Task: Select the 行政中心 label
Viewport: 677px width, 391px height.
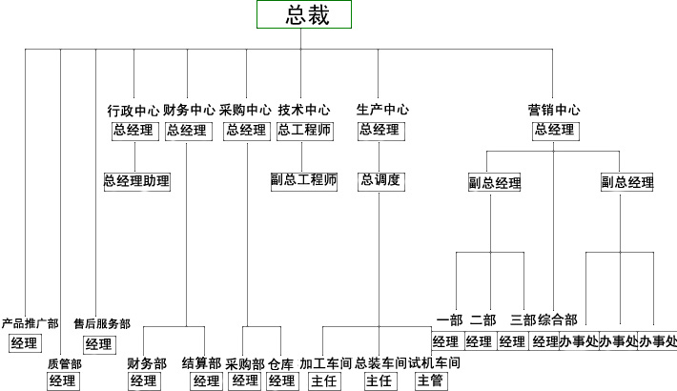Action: [133, 110]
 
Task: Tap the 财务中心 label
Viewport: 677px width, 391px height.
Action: [189, 110]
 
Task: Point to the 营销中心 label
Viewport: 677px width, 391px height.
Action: [554, 110]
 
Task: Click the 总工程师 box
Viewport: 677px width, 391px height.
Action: [305, 131]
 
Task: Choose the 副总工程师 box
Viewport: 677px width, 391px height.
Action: [304, 179]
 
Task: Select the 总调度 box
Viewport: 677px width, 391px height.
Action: [380, 179]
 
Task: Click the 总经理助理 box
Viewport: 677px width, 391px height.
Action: [136, 180]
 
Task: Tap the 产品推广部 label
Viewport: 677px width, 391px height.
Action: [30, 324]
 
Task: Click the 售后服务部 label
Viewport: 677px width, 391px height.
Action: [102, 324]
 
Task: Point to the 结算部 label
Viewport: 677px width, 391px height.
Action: [201, 363]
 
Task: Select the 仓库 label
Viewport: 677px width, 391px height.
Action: [281, 363]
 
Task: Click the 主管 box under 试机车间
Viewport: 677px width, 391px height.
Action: [429, 381]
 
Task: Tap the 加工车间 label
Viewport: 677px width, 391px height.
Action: [325, 363]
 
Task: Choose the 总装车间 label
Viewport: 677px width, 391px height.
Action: [380, 363]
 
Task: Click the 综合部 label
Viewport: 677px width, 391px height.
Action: [558, 319]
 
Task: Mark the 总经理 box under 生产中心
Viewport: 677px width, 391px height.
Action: [380, 131]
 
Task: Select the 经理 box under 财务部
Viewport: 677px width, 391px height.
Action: [144, 381]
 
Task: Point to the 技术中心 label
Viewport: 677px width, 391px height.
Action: [304, 110]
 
